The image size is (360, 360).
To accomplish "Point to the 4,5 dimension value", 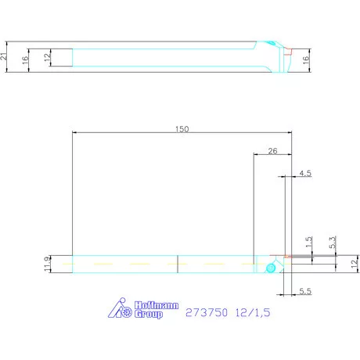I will click(305, 172).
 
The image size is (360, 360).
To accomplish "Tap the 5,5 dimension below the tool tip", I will click(305, 291).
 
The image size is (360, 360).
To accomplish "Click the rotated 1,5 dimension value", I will click(310, 243).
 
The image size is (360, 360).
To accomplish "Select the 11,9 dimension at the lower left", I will click(48, 265).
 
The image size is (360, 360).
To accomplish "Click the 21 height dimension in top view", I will click(5, 56).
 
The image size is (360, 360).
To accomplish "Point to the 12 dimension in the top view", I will click(47, 57).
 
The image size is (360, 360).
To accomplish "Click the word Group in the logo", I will click(149, 315).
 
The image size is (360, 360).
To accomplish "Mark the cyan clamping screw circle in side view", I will click(270, 268).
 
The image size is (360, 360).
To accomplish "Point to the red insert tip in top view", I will click(289, 55).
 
